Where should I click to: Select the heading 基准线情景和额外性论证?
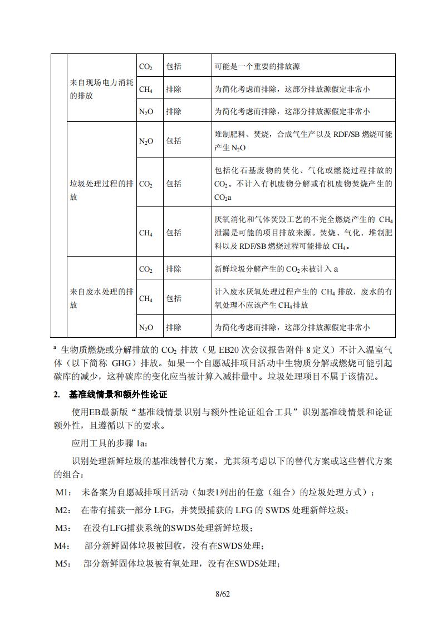118,395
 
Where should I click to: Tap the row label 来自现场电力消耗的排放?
101,88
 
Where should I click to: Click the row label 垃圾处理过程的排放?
101,190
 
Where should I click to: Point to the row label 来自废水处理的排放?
101,298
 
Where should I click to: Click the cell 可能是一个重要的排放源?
257,66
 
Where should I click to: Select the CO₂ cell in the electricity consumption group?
146,66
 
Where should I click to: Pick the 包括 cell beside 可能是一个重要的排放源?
174,66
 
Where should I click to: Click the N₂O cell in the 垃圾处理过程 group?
146,141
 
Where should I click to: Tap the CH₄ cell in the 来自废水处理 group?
146,299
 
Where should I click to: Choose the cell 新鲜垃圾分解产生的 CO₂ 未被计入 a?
276,269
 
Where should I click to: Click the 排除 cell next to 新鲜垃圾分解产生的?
174,269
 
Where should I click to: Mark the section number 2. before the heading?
57,395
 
